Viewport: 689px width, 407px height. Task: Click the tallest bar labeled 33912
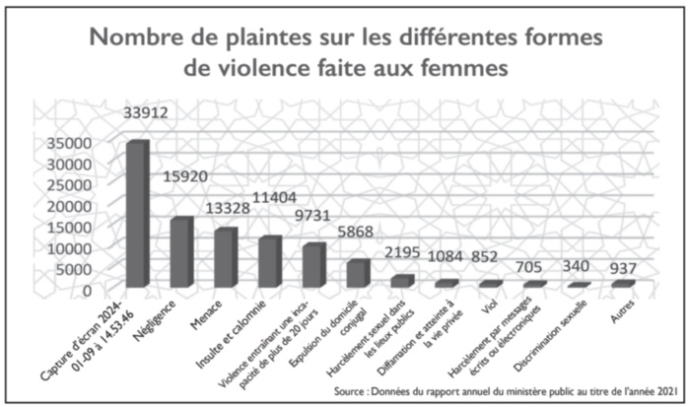[136, 214]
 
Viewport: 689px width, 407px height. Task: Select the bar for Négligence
[179, 252]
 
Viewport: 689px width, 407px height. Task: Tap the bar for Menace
[225, 258]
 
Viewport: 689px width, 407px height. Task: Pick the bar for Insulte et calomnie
[268, 262]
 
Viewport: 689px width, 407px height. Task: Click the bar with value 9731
[312, 265]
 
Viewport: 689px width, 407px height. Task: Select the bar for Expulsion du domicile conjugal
[356, 274]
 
